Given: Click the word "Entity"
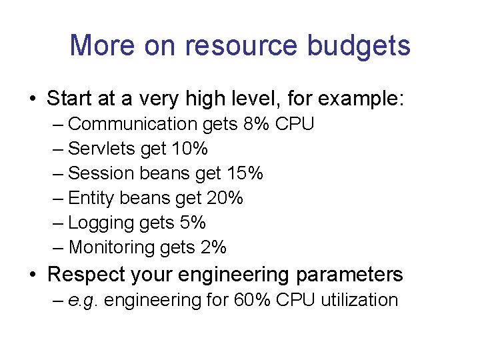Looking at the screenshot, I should click(x=93, y=198).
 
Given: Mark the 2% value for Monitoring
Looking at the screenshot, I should click(x=213, y=247).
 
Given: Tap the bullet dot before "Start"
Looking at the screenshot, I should click(x=32, y=100).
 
